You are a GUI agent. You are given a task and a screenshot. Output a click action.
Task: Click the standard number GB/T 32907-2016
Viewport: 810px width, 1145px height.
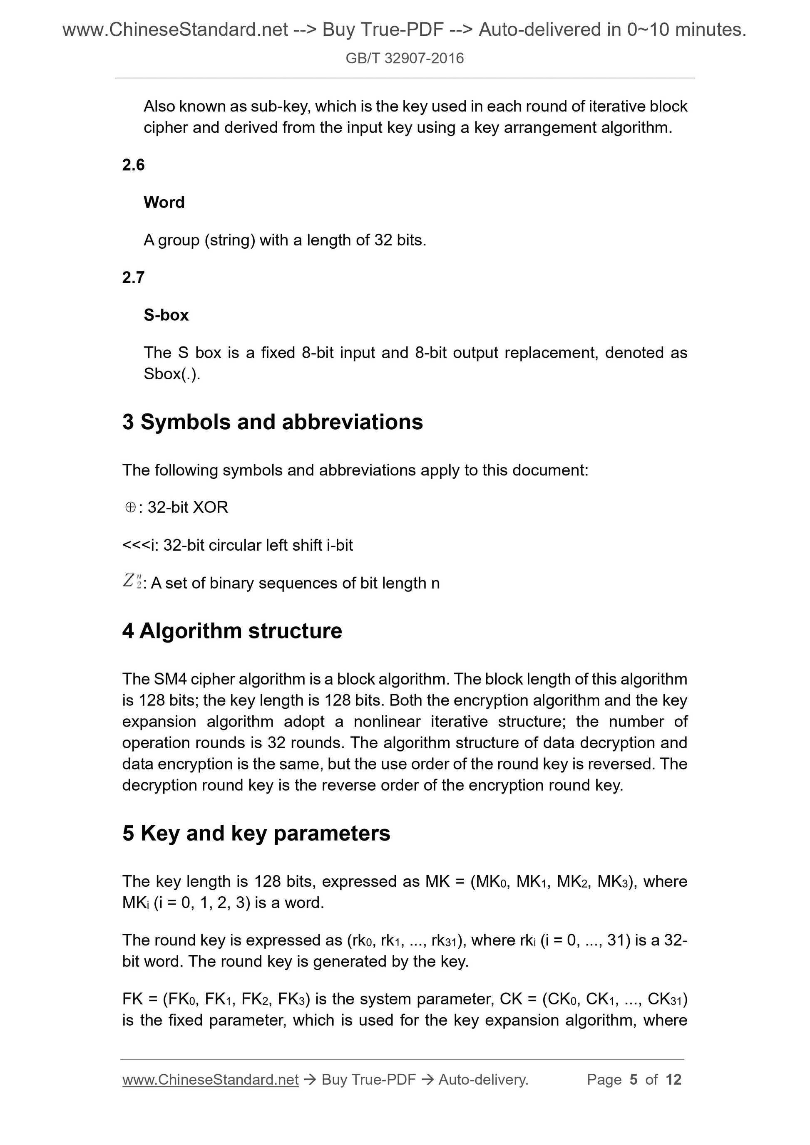(404, 58)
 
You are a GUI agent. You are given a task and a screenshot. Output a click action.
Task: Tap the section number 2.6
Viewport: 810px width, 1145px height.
(133, 165)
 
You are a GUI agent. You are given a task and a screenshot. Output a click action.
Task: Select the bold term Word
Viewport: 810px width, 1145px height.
(164, 203)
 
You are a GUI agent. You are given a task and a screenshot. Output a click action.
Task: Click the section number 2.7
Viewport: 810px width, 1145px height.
(133, 277)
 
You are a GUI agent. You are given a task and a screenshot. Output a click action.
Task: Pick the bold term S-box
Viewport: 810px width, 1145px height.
(166, 315)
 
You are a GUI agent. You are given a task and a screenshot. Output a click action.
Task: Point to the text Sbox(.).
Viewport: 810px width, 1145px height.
(171, 373)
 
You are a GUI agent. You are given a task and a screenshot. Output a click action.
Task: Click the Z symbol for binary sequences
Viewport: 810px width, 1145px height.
(131, 581)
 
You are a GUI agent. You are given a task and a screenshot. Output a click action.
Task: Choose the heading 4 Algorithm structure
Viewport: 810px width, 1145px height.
(232, 631)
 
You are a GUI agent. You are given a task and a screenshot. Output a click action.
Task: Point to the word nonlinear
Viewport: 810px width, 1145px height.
(387, 722)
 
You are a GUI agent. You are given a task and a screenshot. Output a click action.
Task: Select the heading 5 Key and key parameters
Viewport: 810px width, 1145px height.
(256, 833)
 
